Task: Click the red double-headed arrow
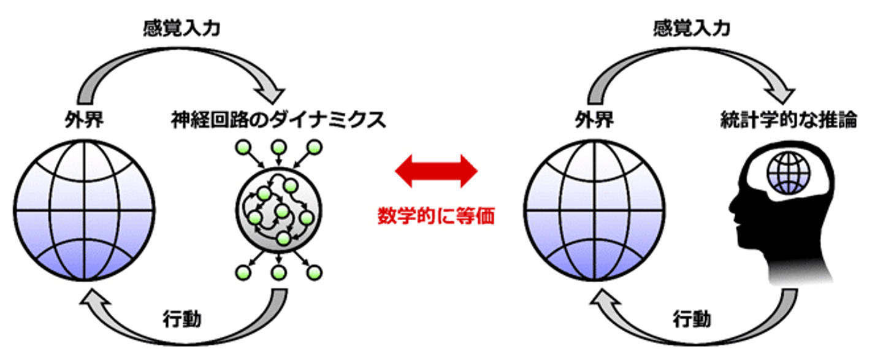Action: coord(435,170)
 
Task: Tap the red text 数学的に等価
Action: coord(435,216)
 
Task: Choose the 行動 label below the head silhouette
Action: coord(692,319)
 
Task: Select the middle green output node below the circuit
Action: coord(280,273)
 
